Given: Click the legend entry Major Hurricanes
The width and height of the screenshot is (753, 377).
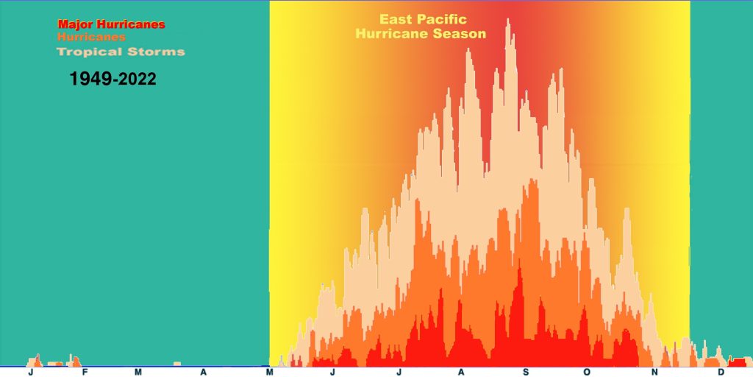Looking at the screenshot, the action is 111,24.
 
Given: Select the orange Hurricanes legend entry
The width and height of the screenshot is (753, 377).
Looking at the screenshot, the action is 91,37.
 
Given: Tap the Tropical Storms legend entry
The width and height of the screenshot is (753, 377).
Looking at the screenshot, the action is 121,52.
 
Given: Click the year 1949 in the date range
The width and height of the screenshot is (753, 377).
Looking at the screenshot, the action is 90,78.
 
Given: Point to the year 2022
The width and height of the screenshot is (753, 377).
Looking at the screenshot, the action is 138,79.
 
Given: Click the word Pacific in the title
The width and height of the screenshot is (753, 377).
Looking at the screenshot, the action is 442,19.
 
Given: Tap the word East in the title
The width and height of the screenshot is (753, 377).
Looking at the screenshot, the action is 396,19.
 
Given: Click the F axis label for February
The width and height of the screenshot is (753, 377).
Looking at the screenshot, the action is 85,372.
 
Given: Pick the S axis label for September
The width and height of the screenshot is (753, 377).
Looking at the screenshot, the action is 525,372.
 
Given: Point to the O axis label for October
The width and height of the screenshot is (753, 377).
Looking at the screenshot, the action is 587,372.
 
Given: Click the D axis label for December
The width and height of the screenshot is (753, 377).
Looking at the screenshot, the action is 721,372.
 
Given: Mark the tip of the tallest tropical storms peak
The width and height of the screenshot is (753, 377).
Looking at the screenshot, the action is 507,19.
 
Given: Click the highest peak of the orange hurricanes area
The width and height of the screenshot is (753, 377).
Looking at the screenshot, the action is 531,180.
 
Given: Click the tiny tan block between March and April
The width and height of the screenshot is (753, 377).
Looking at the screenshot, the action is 176,364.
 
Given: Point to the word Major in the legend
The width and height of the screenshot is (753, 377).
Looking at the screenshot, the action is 75,24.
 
